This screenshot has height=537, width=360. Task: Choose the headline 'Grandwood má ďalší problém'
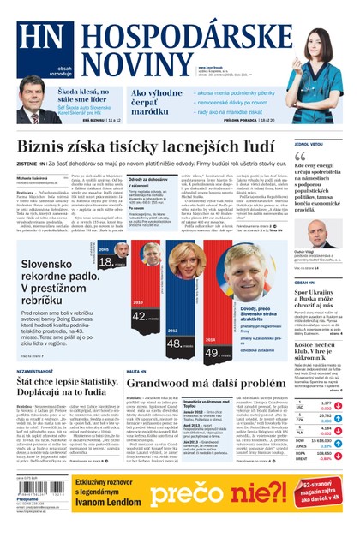click(206, 383)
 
